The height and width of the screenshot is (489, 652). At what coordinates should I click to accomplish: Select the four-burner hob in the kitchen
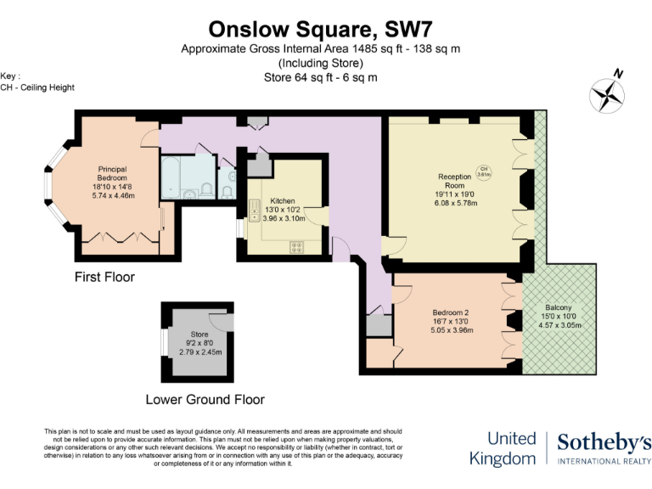click(x=298, y=247)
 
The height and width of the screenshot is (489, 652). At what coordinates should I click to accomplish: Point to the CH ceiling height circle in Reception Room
click(x=484, y=171)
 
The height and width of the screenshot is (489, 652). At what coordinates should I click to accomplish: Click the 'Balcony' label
click(x=558, y=307)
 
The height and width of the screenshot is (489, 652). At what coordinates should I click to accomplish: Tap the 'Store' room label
click(x=200, y=334)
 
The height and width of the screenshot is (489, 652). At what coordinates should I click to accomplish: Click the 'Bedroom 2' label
click(x=450, y=312)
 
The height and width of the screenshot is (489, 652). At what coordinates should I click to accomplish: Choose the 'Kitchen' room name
click(x=282, y=200)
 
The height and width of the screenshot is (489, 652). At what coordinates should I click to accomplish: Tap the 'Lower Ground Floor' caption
click(x=205, y=399)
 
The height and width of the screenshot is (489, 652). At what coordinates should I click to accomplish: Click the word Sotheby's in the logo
click(x=604, y=441)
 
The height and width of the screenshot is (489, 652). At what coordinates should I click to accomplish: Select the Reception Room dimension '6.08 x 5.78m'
click(x=456, y=204)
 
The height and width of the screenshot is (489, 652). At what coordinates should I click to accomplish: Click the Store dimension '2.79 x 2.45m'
click(x=200, y=352)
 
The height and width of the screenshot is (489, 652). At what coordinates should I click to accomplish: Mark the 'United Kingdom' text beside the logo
click(x=511, y=448)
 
